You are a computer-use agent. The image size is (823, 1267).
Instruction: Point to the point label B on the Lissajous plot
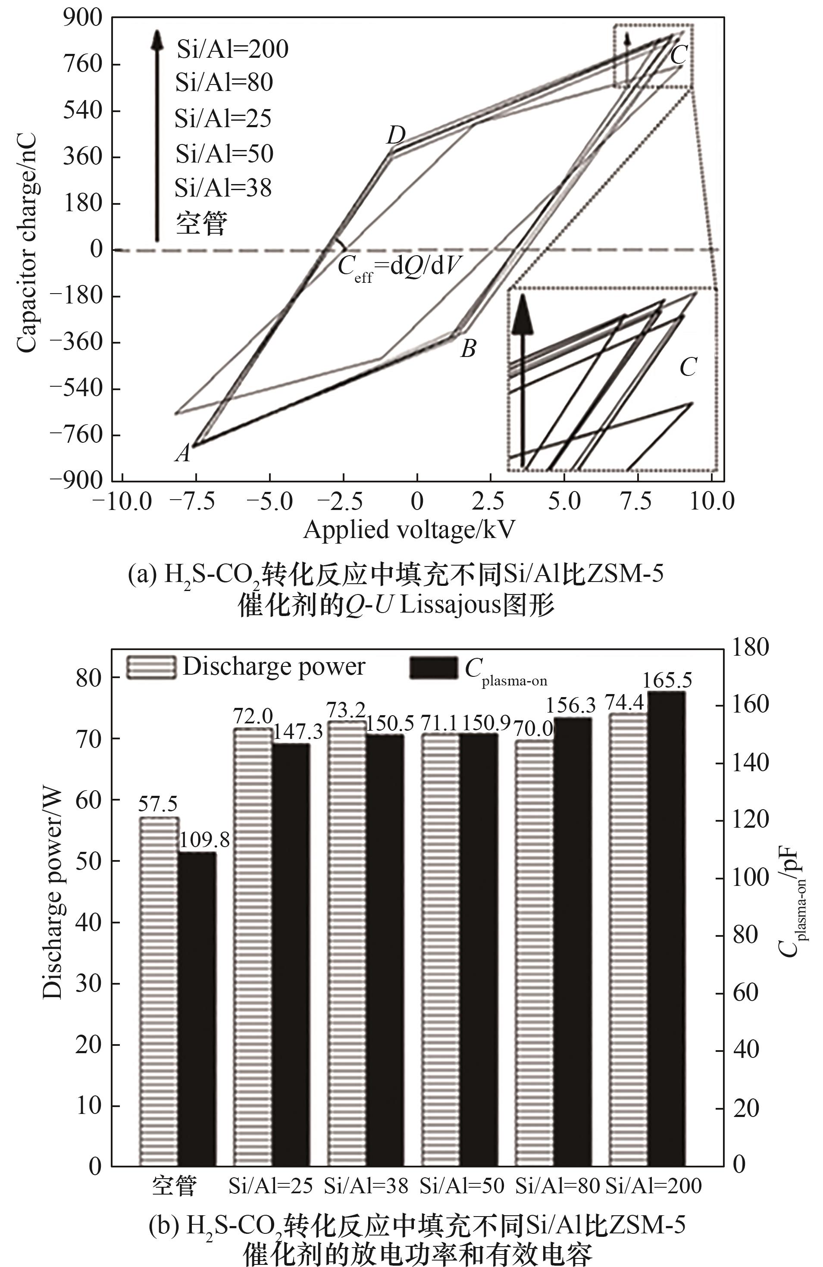(468, 349)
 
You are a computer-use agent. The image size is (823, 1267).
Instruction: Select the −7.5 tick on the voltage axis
(196, 501)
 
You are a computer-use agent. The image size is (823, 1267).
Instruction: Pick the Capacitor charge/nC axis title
(27, 242)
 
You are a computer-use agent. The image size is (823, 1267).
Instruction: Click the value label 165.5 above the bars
(667, 681)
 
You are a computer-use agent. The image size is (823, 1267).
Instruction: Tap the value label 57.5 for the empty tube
(158, 804)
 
